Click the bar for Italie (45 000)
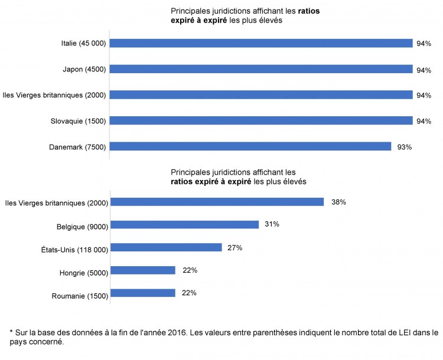[260, 43]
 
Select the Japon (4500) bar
[260, 69]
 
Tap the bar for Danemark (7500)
[250, 146]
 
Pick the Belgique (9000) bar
[185, 224]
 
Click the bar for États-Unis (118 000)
[166, 247]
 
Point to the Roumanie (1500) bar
[143, 293]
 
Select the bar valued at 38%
[217, 202]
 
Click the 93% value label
[405, 147]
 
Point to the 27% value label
[234, 248]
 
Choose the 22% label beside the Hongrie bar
[190, 270]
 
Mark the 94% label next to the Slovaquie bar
[424, 122]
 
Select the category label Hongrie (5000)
[79, 273]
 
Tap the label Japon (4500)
[84, 70]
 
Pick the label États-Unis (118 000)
[71, 250]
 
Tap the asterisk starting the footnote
[12, 332]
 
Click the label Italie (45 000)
[83, 44]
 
